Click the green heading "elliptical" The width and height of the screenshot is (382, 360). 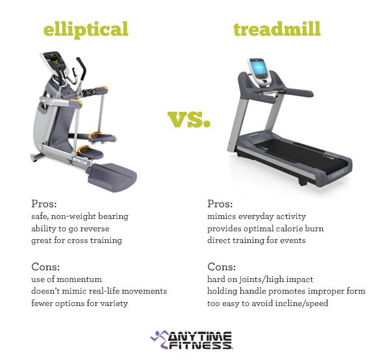[86, 29]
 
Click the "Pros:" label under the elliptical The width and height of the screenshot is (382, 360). [44, 203]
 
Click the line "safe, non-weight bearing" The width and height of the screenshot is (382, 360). [80, 216]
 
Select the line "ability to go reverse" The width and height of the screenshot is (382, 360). [71, 228]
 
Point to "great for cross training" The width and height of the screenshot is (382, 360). [76, 240]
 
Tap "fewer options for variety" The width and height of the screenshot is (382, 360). [78, 303]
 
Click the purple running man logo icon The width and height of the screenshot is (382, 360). [159, 337]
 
